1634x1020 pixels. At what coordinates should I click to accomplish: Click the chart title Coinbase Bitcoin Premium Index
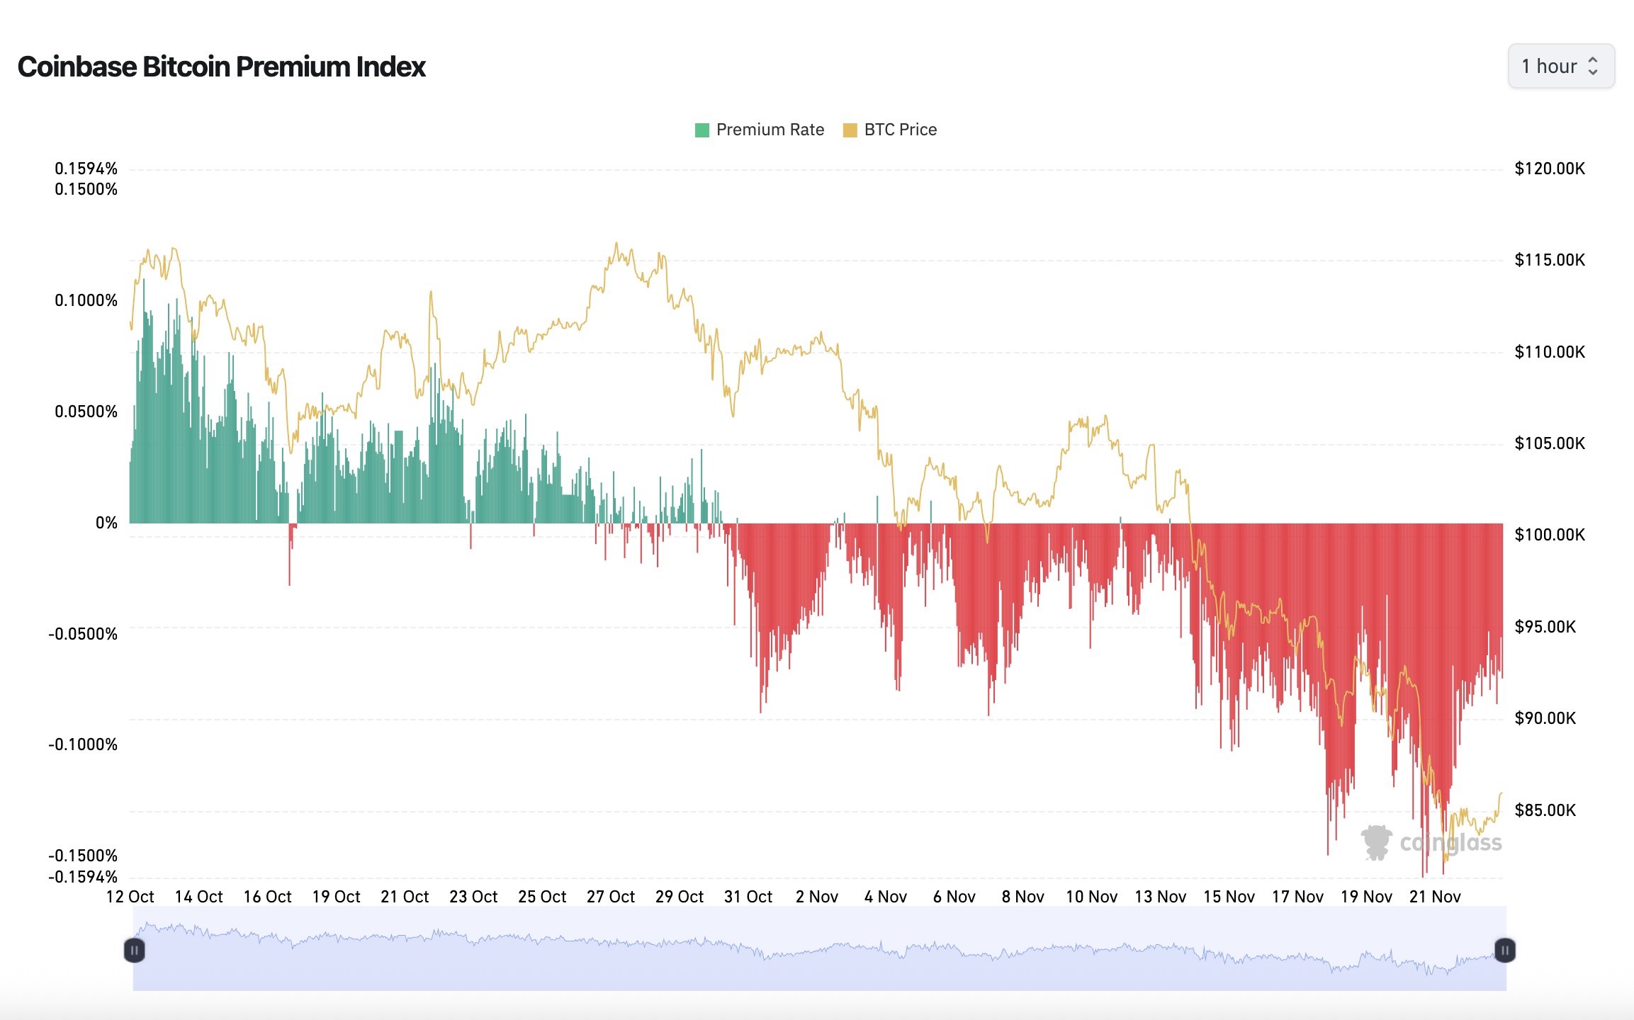click(221, 67)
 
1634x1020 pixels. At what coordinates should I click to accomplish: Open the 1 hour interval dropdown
click(1560, 67)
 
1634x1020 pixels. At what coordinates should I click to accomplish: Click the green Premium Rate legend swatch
click(702, 130)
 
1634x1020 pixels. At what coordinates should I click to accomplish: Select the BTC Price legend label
click(900, 130)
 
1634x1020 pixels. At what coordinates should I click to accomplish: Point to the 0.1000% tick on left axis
click(86, 300)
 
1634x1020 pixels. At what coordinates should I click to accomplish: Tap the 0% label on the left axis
click(106, 523)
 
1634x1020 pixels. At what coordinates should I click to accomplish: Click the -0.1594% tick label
click(83, 877)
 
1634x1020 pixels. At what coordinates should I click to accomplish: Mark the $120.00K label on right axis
click(1549, 169)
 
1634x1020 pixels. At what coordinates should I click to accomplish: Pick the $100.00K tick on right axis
click(1549, 535)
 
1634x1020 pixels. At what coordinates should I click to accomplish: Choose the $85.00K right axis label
click(1545, 810)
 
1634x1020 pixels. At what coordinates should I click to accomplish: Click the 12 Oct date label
click(130, 897)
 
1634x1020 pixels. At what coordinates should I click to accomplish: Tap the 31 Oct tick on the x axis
click(748, 897)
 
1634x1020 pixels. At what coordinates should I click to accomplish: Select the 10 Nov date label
click(1091, 897)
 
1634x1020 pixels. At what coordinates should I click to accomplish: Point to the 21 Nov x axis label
click(1435, 897)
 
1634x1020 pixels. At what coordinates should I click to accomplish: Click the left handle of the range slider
click(135, 950)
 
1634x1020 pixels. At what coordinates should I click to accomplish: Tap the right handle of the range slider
click(1504, 950)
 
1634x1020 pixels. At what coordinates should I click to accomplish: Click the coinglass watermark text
click(1450, 843)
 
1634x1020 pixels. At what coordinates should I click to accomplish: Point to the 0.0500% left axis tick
click(86, 412)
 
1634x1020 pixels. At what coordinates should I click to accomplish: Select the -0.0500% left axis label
click(83, 634)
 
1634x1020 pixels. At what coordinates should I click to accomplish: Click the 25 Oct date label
click(542, 897)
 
